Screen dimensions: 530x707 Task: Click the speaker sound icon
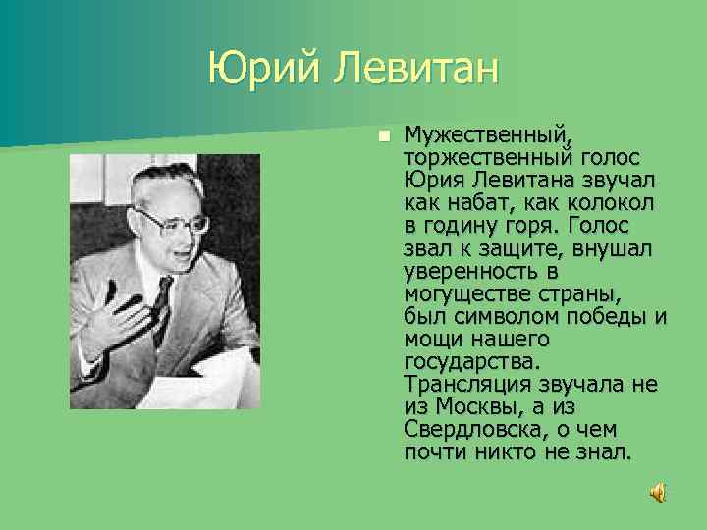pyautogui.click(x=658, y=492)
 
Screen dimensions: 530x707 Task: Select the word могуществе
pyautogui.click(x=465, y=293)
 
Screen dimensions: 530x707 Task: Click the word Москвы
pyautogui.click(x=479, y=406)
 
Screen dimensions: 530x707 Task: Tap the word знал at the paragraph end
pyautogui.click(x=607, y=452)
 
